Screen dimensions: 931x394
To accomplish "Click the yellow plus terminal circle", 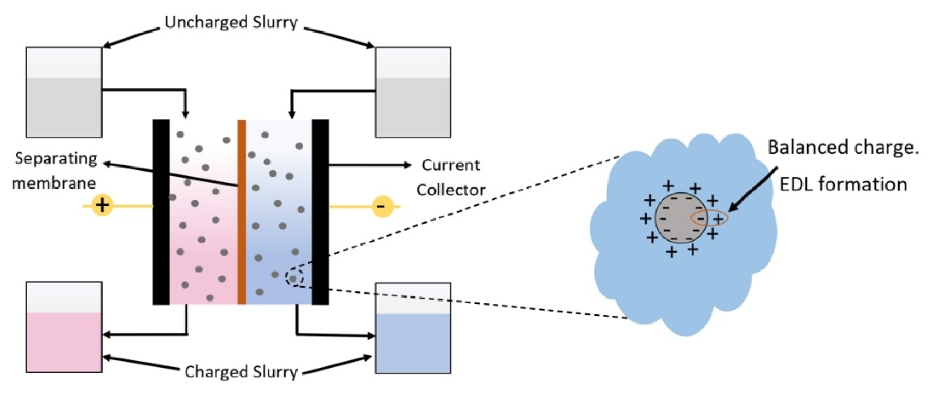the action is coord(102,205).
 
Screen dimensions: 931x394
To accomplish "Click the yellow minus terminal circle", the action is coord(383,207).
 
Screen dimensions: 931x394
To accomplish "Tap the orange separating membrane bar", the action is coord(242,212).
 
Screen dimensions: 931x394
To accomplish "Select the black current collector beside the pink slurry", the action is coord(161,212).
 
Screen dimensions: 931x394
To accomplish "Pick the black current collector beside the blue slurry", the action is coord(320,212).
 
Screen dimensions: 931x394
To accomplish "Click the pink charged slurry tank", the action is coord(64,327).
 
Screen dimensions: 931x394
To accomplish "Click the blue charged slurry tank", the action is coord(413,328).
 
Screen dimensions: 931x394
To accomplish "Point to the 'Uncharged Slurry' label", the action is coord(231,22).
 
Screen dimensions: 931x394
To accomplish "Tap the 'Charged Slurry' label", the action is coord(241,372).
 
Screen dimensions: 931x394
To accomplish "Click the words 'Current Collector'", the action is coord(451,177).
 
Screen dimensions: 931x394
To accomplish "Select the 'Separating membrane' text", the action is coord(55,170).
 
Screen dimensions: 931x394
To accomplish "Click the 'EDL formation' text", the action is coord(843,184).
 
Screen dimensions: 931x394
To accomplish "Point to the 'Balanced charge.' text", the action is coord(843,147).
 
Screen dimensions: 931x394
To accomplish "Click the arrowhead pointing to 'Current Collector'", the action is coord(407,165).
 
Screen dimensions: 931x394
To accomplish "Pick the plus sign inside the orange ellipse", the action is coord(719,219).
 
